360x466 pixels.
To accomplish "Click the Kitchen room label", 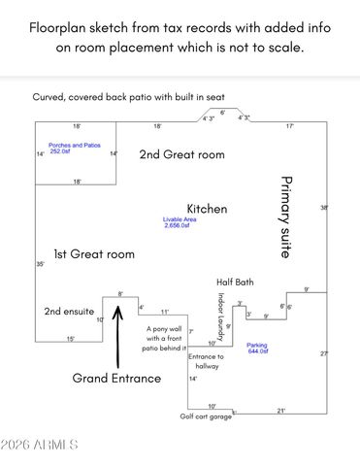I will [x=207, y=209].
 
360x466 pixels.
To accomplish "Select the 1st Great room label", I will [x=93, y=254].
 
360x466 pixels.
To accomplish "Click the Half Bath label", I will [x=234, y=282].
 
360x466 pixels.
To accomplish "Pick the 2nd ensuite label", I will [x=69, y=312].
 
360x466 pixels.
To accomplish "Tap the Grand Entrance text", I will [x=116, y=379].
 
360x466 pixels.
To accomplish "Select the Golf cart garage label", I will [x=206, y=416].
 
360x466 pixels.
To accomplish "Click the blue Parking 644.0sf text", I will [x=257, y=347].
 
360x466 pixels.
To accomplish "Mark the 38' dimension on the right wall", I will [x=324, y=207].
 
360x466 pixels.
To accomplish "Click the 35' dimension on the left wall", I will [x=40, y=264].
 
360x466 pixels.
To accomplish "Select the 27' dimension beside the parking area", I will [x=324, y=353].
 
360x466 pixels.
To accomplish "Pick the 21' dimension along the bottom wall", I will [x=281, y=410].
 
